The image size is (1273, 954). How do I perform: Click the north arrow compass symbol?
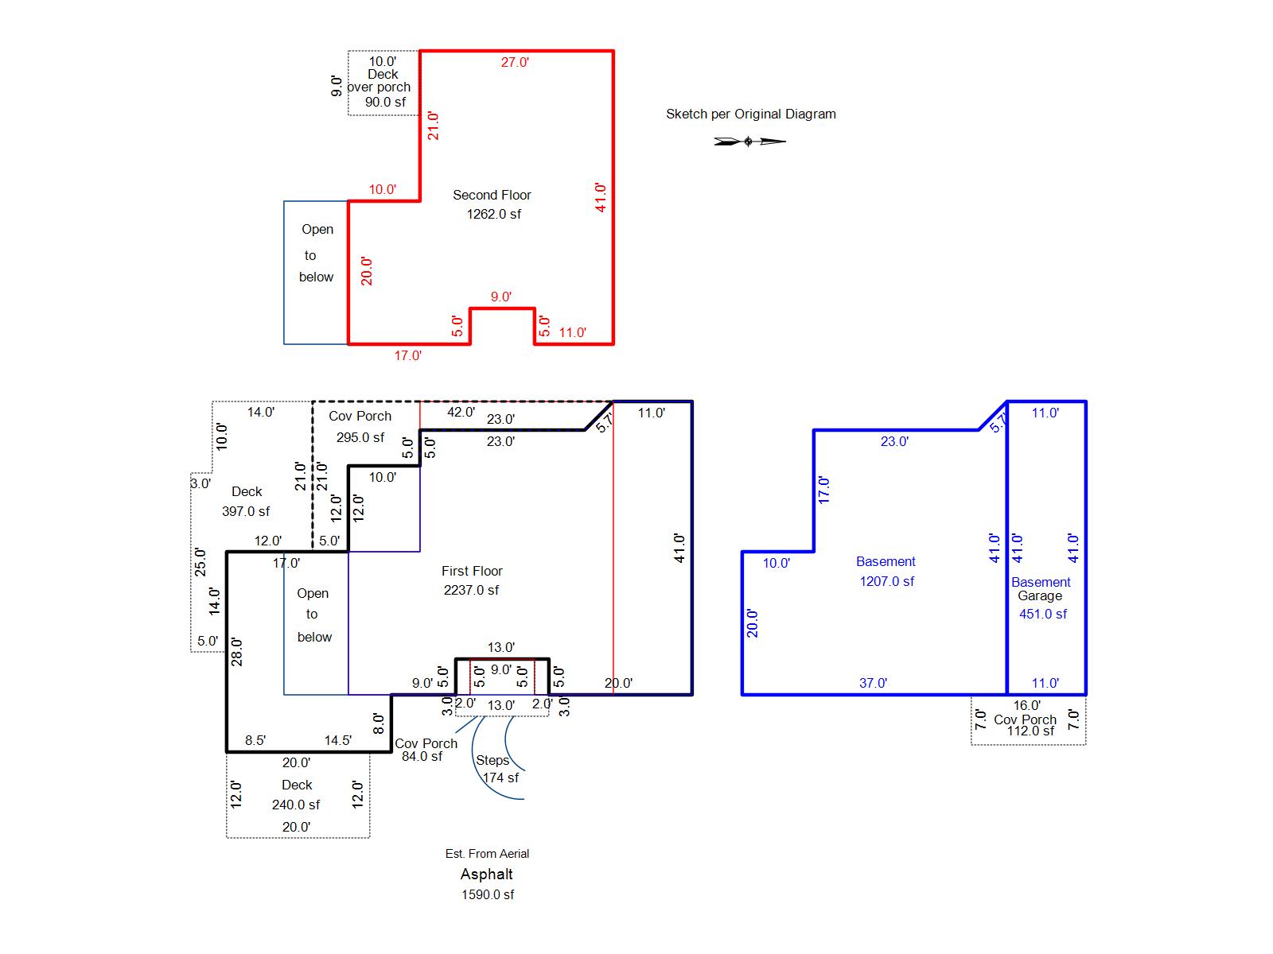click(x=749, y=142)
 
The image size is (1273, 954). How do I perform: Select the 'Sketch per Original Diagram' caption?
click(x=750, y=114)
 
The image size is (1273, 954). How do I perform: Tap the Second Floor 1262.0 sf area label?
click(x=492, y=204)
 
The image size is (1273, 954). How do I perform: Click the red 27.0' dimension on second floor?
click(x=515, y=62)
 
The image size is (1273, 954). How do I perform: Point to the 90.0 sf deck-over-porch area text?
click(x=385, y=102)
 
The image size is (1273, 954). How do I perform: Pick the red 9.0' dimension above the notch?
click(x=501, y=297)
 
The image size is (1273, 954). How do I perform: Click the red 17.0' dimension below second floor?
click(x=407, y=355)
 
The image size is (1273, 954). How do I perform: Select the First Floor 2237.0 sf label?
click(x=472, y=580)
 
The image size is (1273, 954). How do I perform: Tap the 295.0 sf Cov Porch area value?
click(x=360, y=437)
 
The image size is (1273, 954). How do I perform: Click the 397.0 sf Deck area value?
click(x=246, y=511)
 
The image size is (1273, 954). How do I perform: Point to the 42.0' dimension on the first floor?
click(x=461, y=412)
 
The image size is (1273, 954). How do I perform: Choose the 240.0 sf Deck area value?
click(x=296, y=805)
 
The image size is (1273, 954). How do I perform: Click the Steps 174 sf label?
click(x=497, y=769)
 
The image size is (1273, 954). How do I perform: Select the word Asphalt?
click(x=487, y=874)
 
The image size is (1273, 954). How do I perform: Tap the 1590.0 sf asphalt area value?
click(x=488, y=894)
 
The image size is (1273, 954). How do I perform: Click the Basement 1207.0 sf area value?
click(x=887, y=581)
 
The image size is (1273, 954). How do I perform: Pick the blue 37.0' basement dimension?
click(x=873, y=683)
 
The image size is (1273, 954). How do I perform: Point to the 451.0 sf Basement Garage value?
click(x=1043, y=614)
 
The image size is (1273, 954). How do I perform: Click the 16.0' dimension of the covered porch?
click(x=1026, y=705)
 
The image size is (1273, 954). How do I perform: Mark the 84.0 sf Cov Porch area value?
click(x=422, y=757)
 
